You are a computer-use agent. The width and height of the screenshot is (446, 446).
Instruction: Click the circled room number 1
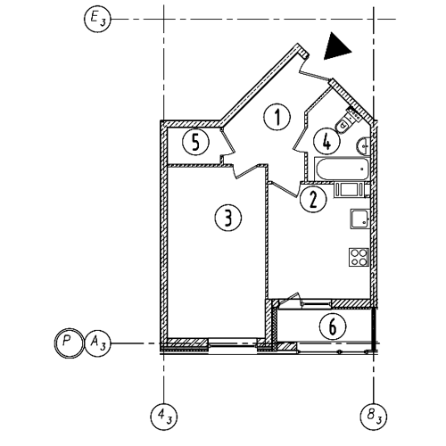point(277,117)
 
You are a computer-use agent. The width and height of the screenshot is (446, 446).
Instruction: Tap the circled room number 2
point(313,199)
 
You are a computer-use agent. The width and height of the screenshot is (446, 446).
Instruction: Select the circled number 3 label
point(228,218)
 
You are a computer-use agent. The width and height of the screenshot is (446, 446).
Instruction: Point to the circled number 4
point(326,141)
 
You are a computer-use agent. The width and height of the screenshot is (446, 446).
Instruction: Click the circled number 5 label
point(195,142)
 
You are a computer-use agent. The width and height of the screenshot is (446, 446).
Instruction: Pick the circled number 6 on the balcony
point(333,326)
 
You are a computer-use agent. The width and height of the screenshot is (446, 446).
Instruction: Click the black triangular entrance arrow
point(336,46)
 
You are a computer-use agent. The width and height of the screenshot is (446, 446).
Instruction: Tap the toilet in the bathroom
point(349,122)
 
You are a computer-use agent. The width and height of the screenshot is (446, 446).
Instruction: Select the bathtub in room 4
point(342,169)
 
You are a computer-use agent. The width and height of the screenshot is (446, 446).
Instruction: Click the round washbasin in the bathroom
point(363,145)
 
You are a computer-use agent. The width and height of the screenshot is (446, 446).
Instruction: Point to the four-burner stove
point(359,257)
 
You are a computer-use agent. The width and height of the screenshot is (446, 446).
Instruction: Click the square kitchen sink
point(360,219)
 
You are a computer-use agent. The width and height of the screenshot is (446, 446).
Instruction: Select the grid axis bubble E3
point(97,20)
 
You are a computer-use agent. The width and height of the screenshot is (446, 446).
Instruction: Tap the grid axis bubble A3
point(98,343)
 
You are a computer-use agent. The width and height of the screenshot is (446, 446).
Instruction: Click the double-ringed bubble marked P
point(69,343)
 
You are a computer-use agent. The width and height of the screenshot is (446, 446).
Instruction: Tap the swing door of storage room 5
point(227,142)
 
